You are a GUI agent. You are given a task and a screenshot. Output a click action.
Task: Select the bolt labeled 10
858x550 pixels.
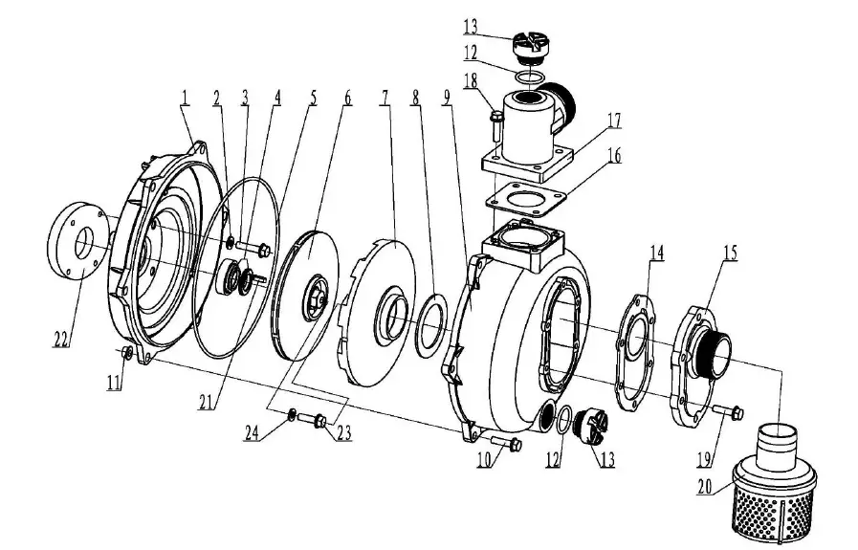point(505,443)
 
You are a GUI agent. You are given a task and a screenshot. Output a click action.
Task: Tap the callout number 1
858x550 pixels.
point(184,96)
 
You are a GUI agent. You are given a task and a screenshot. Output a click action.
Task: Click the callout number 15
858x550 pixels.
point(730,254)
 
